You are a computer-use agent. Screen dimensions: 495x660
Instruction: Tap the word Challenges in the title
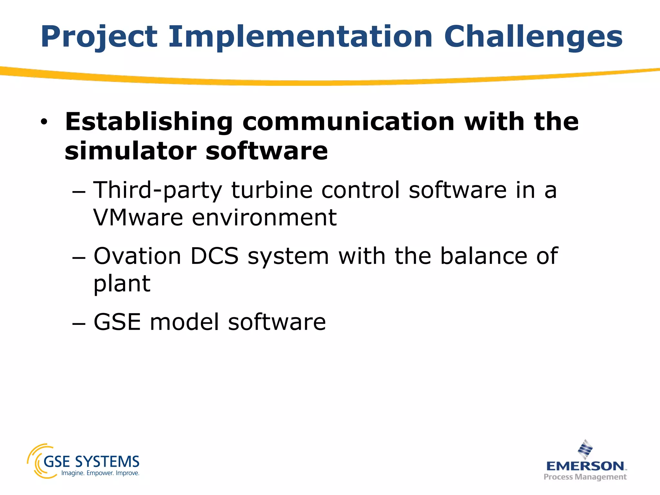(533, 37)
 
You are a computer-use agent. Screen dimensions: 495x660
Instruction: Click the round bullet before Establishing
(44, 122)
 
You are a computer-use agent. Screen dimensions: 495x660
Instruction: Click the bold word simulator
(131, 151)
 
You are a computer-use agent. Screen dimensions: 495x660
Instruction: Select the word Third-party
(158, 190)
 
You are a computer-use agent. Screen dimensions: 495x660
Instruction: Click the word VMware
(138, 218)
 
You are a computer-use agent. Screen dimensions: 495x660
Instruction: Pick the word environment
(264, 218)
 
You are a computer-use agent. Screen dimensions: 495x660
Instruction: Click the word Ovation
(137, 256)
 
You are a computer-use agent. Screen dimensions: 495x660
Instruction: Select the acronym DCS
(214, 256)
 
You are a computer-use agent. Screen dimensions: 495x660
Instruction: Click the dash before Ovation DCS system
(79, 258)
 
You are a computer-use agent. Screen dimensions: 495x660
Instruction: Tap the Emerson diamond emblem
(585, 449)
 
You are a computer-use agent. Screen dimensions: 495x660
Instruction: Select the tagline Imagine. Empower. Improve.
(100, 473)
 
